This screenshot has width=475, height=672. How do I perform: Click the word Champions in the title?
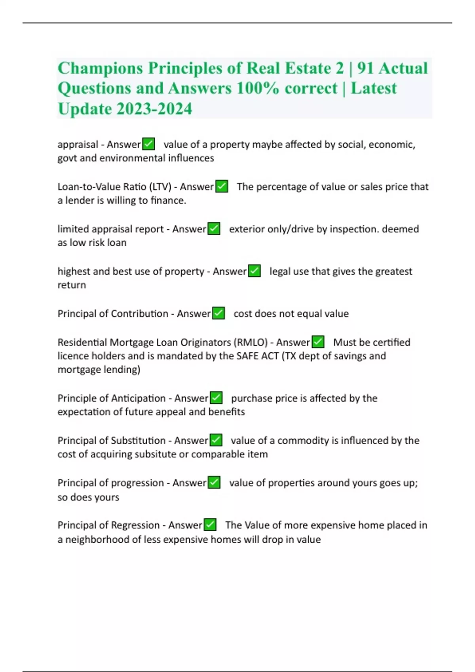pos(100,68)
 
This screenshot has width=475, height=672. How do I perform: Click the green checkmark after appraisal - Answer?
pos(148,144)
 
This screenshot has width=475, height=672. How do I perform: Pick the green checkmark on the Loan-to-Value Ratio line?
pos(222,186)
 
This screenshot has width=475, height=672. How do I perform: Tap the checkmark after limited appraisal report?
pos(214,228)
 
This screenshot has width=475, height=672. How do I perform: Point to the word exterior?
pos(247,229)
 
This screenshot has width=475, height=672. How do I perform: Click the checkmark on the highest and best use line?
pos(254,271)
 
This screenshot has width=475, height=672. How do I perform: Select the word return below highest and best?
pos(72,285)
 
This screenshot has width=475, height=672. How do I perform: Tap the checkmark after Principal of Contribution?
pos(218,313)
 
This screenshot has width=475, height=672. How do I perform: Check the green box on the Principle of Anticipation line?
pos(216,398)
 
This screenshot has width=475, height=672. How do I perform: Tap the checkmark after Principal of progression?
pos(214,482)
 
